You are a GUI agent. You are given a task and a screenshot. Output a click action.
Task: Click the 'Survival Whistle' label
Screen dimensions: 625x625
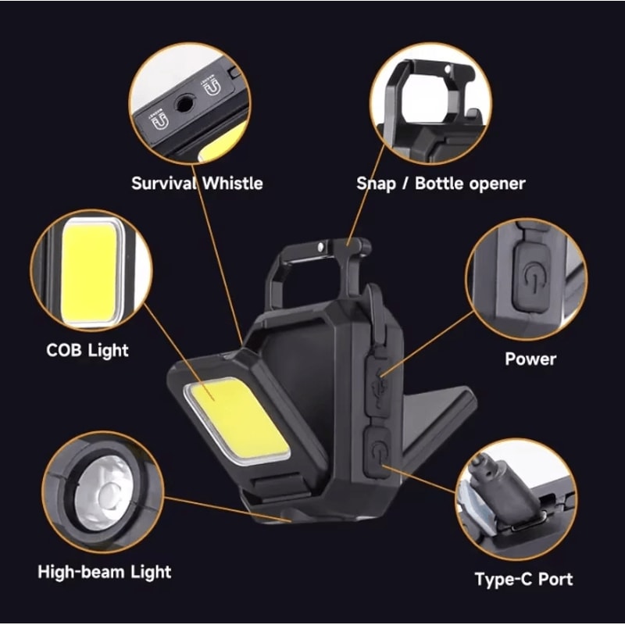[x=197, y=184]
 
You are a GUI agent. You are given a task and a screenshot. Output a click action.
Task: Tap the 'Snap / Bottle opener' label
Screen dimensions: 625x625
[x=441, y=184]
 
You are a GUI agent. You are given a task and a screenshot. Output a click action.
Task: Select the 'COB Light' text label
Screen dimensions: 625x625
[x=87, y=349]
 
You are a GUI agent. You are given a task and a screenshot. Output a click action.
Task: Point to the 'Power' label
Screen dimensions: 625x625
[x=530, y=359]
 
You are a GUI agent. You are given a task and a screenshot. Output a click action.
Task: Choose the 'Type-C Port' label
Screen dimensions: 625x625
[x=523, y=579]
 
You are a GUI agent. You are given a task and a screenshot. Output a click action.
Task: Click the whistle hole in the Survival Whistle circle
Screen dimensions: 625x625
[x=185, y=103]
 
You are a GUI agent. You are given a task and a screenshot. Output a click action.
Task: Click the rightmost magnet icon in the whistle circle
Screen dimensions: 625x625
[x=212, y=87]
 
